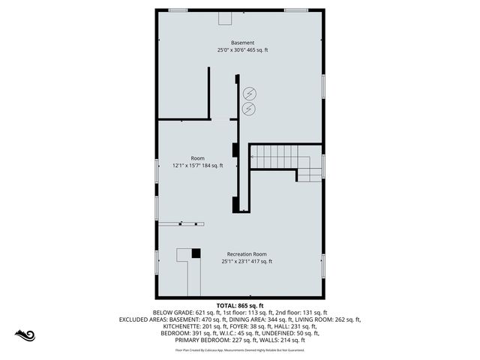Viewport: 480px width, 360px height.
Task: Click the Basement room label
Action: click(242, 43)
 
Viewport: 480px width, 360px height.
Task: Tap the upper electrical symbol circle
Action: click(249, 93)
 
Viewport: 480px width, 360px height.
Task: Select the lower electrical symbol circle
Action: click(249, 109)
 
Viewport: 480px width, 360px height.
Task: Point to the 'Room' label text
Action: click(197, 158)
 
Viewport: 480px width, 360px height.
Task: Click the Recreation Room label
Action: click(247, 254)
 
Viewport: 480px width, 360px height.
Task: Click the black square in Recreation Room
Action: click(196, 253)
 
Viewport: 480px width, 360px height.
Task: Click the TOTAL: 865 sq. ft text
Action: click(240, 306)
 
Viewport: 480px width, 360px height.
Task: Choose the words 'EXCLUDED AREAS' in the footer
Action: click(145, 319)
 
